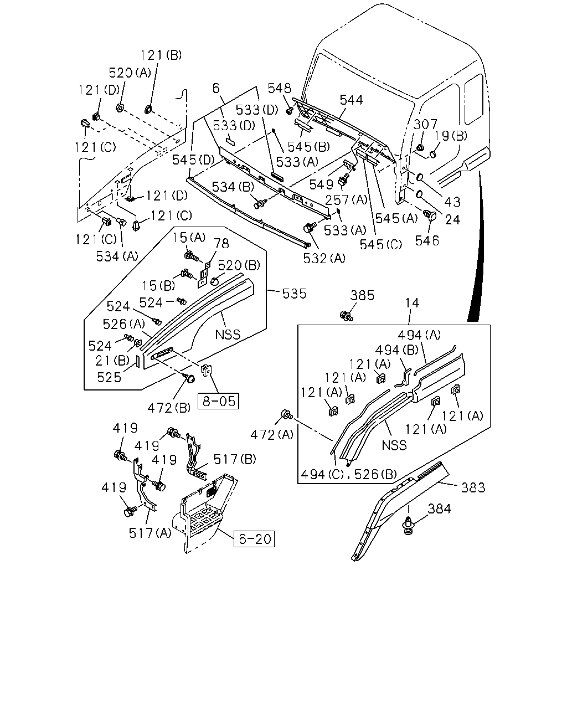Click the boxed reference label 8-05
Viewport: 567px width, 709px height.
click(218, 401)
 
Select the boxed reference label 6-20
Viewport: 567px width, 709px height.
click(254, 539)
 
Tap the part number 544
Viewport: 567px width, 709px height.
click(351, 100)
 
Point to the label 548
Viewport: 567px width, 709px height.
click(280, 88)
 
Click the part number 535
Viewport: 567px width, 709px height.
click(294, 294)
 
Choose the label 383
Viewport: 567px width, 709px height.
click(473, 487)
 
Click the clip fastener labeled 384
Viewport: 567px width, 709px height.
click(409, 525)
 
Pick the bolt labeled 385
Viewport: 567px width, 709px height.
click(346, 316)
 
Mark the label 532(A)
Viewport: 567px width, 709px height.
click(324, 259)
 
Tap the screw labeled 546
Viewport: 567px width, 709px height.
click(430, 215)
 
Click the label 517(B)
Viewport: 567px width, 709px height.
click(235, 459)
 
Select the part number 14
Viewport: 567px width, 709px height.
click(412, 303)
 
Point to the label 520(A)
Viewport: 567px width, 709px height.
click(130, 73)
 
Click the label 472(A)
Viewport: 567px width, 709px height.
click(272, 435)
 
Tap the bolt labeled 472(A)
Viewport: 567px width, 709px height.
click(286, 414)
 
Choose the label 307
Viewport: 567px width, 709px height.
click(425, 124)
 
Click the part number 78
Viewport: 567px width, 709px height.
click(221, 244)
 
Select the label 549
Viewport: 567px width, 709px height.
click(322, 185)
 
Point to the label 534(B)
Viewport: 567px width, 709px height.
click(233, 187)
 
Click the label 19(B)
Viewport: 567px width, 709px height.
click(451, 135)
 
